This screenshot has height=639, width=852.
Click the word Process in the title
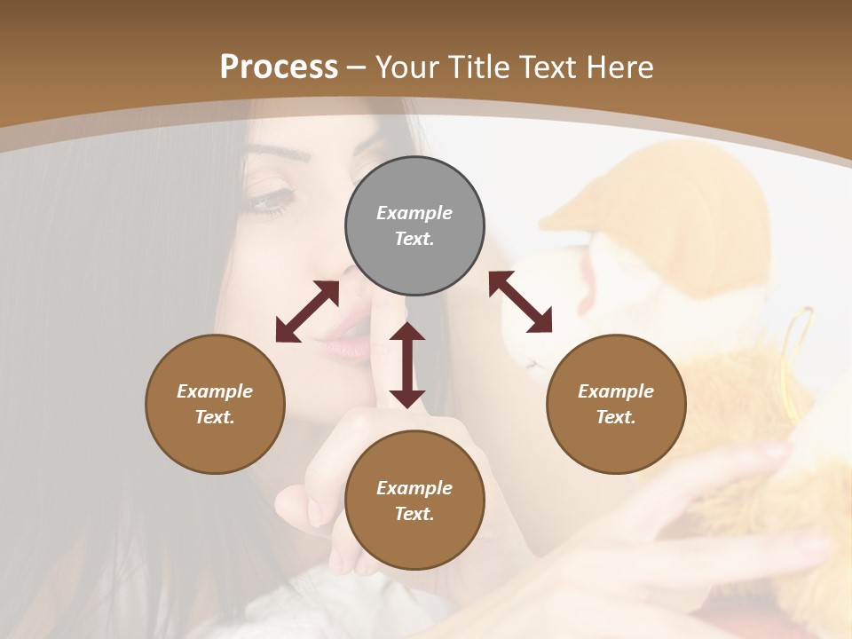point(279,67)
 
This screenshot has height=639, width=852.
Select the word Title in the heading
point(477,67)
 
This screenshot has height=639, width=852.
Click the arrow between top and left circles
point(307,312)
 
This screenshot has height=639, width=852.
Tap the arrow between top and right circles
point(520,302)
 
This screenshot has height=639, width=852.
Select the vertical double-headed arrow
point(407,365)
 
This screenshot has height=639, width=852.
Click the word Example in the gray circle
point(414,213)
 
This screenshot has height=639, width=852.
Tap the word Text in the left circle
point(215,417)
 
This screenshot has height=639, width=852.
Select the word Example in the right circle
point(616,391)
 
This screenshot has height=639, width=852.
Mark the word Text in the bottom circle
point(414,514)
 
